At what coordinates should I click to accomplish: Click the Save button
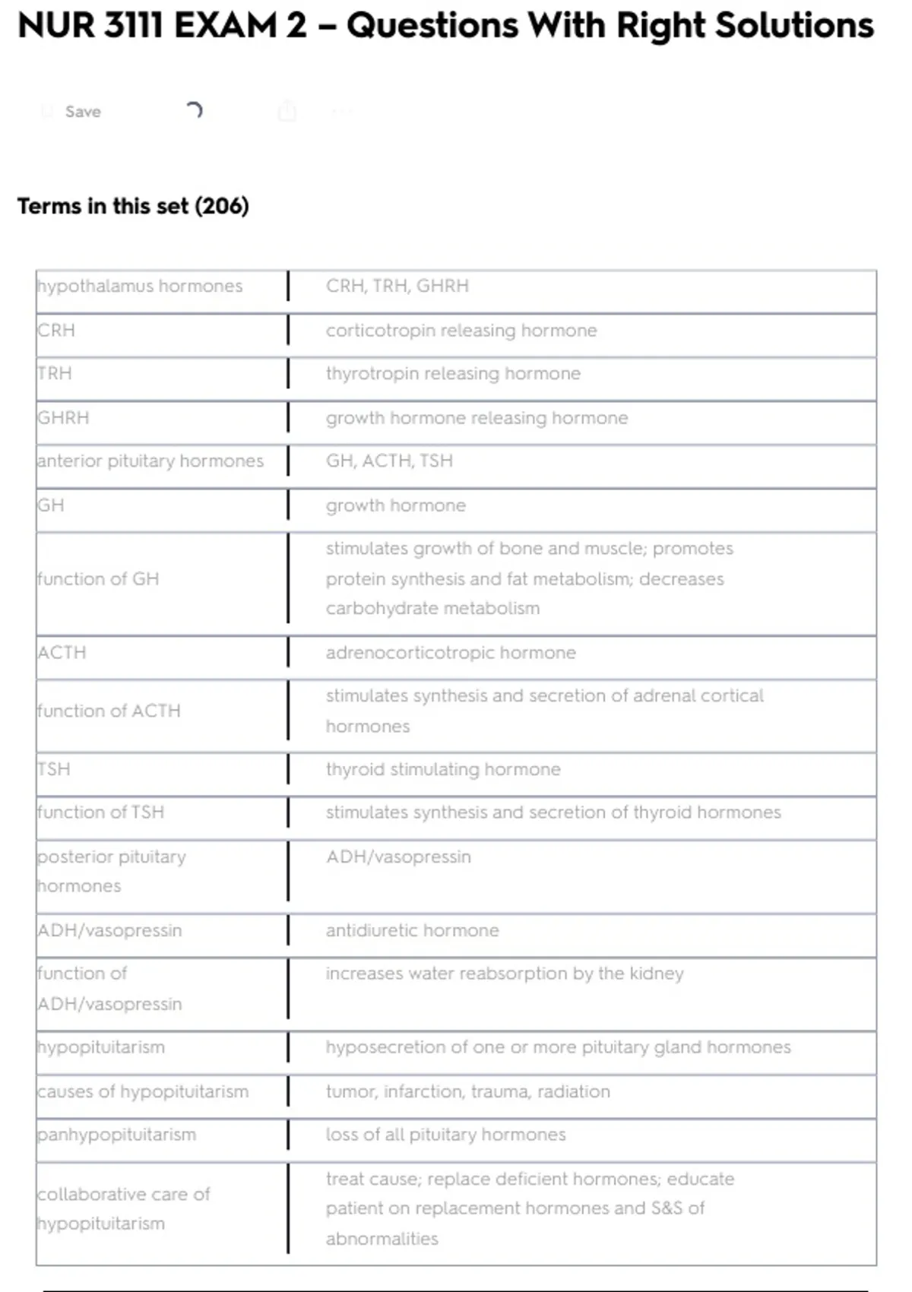[82, 112]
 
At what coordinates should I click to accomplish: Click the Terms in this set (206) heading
[133, 206]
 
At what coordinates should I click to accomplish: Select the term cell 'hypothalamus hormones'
[140, 286]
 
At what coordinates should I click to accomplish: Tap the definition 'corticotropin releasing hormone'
[461, 331]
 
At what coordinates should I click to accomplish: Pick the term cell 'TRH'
[55, 374]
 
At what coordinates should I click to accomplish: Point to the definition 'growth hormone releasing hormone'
[477, 418]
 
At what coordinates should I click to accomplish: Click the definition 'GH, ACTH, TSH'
[389, 461]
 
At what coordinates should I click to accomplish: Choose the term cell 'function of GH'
[99, 579]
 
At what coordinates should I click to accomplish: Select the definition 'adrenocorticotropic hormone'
[451, 653]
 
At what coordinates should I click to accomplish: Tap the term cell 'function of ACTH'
[109, 711]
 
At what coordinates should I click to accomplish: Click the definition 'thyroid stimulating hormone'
[443, 770]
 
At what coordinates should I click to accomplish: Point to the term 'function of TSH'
[101, 812]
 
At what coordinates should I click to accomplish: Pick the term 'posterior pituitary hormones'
[112, 871]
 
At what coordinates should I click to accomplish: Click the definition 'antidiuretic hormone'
[413, 931]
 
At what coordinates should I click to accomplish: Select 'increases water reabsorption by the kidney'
[505, 974]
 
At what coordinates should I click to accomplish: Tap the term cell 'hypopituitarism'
[101, 1047]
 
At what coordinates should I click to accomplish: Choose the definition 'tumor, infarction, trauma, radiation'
[467, 1092]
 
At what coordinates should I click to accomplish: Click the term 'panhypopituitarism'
[117, 1135]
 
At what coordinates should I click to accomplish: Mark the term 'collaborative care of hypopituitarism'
[124, 1208]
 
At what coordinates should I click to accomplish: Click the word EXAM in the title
[225, 26]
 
